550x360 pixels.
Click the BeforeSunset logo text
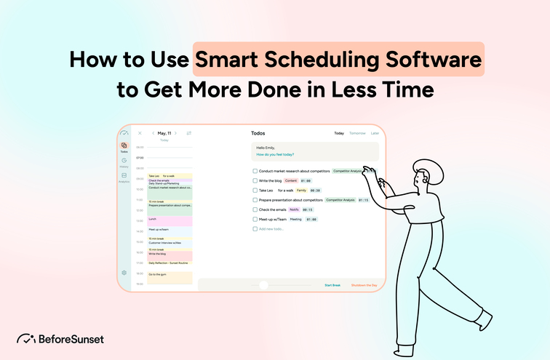click(x=70, y=339)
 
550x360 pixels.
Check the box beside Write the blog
click(x=255, y=180)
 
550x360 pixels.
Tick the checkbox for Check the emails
click(x=255, y=209)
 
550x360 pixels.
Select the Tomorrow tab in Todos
click(x=357, y=133)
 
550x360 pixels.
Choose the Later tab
click(x=375, y=133)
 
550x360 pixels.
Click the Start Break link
click(x=332, y=285)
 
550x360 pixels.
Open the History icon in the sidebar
click(x=124, y=161)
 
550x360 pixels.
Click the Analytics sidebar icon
click(x=124, y=176)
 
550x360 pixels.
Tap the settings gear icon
click(x=124, y=273)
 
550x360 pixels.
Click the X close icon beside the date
click(x=140, y=133)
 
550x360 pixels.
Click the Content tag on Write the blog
click(x=291, y=180)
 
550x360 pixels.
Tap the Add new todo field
click(x=270, y=228)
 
